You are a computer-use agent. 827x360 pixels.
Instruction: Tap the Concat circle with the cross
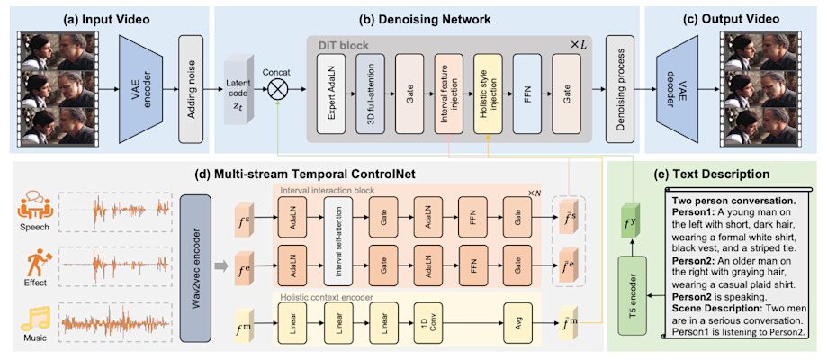pyautogui.click(x=280, y=91)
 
